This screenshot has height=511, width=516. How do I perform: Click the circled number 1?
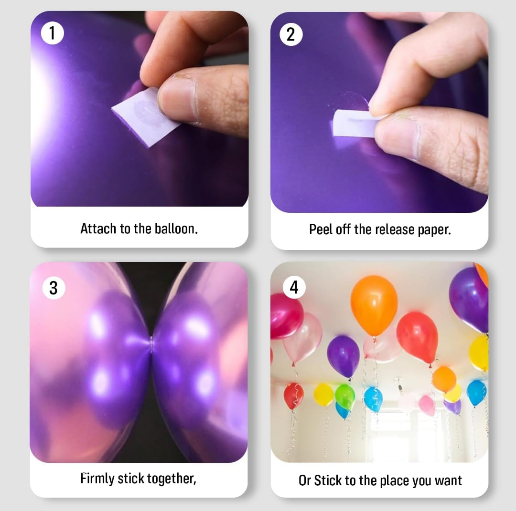coord(53,33)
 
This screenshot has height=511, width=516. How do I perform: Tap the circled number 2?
coord(291,34)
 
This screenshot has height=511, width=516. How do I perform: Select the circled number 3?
coord(54,288)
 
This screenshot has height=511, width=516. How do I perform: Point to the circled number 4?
coord(294,288)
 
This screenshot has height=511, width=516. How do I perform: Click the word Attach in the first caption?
coord(98,229)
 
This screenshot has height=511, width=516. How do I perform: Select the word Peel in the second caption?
coord(320,229)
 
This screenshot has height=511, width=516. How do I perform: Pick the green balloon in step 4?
coord(345,396)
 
